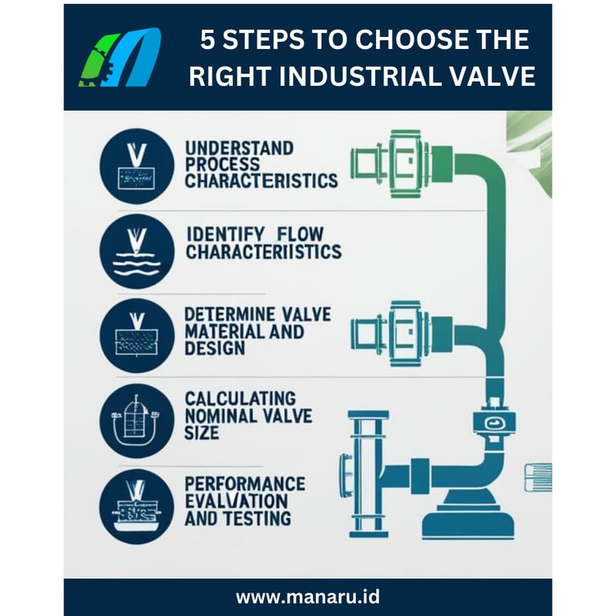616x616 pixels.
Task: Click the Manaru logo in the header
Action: pyautogui.click(x=120, y=58)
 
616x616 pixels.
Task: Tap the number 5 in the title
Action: pyautogui.click(x=208, y=39)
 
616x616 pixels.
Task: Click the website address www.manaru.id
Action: pyautogui.click(x=308, y=597)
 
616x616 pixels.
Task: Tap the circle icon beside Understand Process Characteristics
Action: pyautogui.click(x=136, y=166)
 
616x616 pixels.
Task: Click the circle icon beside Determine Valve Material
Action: pyautogui.click(x=136, y=336)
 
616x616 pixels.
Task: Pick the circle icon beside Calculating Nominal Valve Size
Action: pyautogui.click(x=136, y=421)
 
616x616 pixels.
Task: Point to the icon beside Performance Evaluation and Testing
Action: pyautogui.click(x=136, y=507)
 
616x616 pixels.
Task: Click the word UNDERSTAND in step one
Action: pyautogui.click(x=239, y=148)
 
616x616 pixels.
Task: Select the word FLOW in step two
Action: pyautogui.click(x=301, y=234)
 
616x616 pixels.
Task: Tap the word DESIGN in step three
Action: pyautogui.click(x=215, y=348)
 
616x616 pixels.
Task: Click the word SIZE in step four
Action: pyautogui.click(x=201, y=433)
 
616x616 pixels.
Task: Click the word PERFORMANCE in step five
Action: pyautogui.click(x=245, y=484)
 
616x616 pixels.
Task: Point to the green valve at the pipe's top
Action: pyautogui.click(x=401, y=164)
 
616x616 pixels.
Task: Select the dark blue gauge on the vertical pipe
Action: pyautogui.click(x=494, y=423)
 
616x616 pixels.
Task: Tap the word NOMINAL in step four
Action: pyautogui.click(x=220, y=416)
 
